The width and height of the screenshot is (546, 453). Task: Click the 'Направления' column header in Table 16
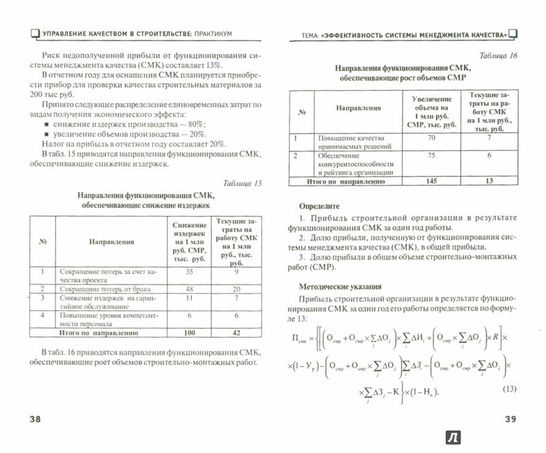358,108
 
